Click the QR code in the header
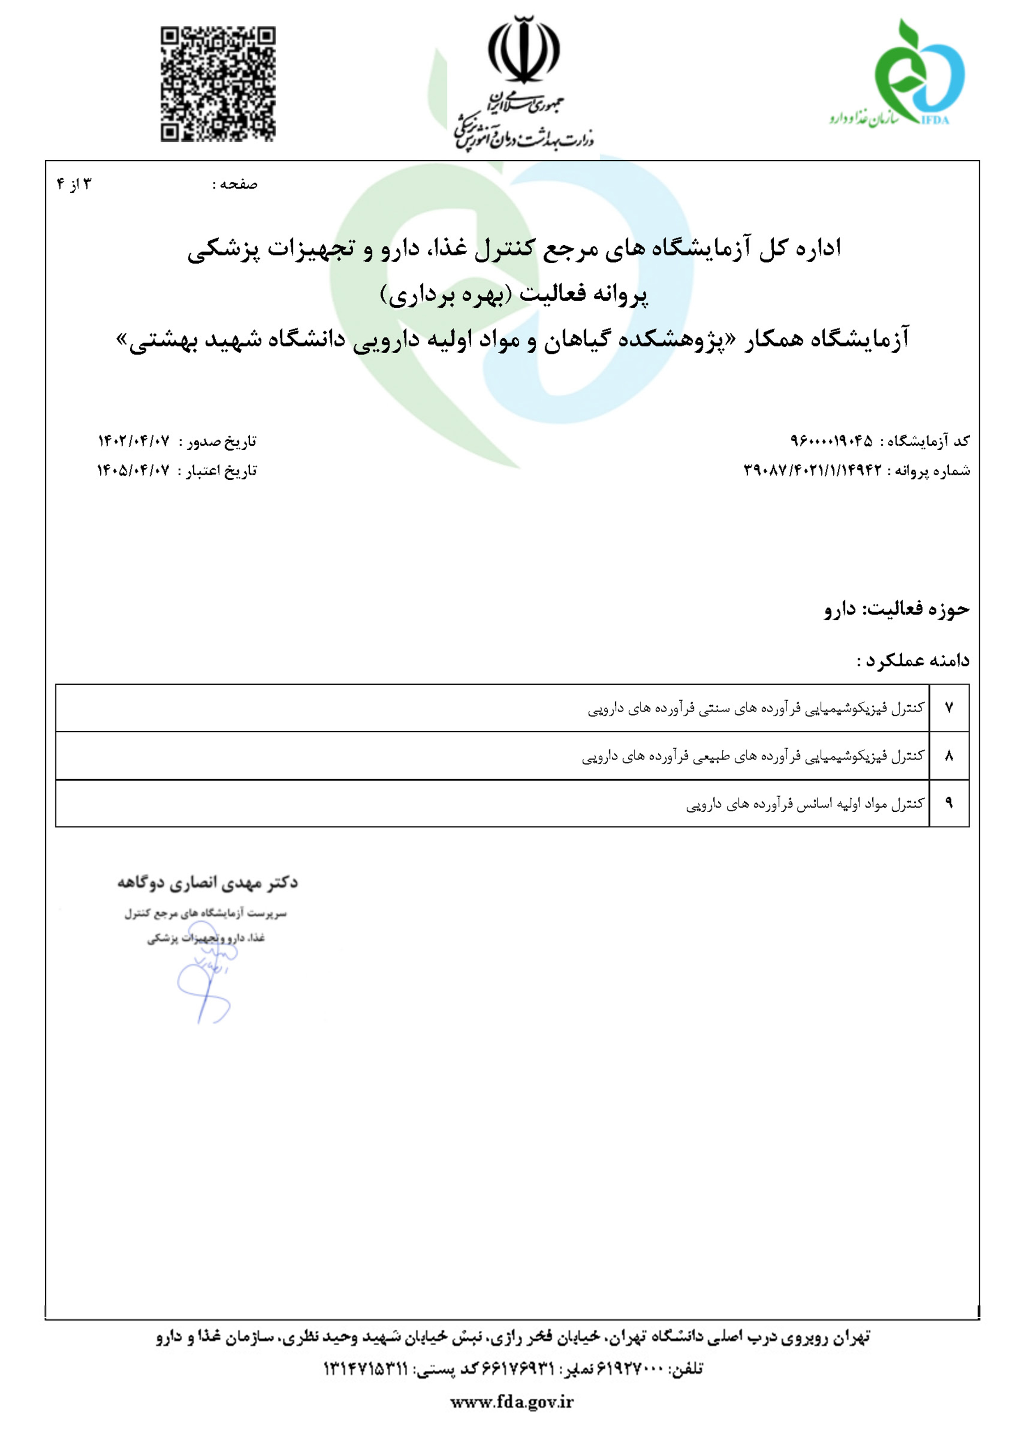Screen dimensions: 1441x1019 pos(217,84)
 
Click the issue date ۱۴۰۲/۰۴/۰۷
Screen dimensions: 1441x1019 pos(134,441)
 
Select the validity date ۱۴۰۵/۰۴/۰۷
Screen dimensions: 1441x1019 pos(133,471)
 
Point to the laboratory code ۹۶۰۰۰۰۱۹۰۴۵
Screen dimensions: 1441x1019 pos(831,441)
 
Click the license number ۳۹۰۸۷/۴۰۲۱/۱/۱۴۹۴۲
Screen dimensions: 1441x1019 pos(812,471)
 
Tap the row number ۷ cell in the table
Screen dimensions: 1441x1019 pos(949,708)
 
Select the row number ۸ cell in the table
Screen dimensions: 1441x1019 pos(949,756)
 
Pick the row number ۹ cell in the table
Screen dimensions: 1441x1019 pos(949,803)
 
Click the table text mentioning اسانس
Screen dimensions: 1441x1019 pos(805,804)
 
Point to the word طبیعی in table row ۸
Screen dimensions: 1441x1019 pos(711,756)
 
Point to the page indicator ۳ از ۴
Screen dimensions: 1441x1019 pos(74,184)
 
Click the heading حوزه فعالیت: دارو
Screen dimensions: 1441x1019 pos(897,609)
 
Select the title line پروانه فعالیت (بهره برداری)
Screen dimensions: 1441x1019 pos(514,295)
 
